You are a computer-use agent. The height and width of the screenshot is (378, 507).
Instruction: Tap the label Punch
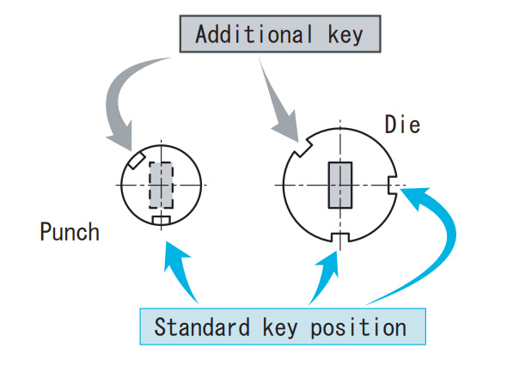[x=70, y=232]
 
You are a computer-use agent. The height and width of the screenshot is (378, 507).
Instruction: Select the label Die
[x=402, y=125]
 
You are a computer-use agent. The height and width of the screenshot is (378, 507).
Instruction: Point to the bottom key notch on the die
[x=340, y=238]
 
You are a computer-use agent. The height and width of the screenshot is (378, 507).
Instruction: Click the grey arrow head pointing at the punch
[x=119, y=144]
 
